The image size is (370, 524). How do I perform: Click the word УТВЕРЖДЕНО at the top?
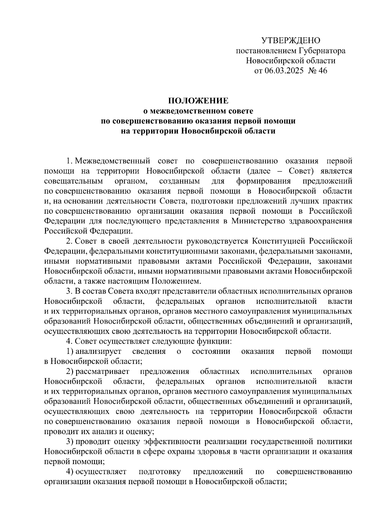click(x=291, y=40)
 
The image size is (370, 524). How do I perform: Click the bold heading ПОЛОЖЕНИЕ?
click(x=198, y=101)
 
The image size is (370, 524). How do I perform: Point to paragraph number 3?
click(x=69, y=291)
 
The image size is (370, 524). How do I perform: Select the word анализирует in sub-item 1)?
click(x=99, y=351)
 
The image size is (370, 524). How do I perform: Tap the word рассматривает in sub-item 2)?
click(x=103, y=371)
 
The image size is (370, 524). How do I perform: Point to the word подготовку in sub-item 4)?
click(x=159, y=472)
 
